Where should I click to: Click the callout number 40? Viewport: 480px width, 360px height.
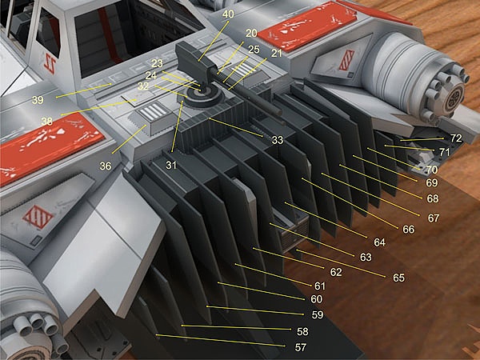[228, 14]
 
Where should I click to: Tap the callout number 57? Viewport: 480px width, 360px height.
[300, 347]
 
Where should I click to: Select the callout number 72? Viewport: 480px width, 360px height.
[456, 138]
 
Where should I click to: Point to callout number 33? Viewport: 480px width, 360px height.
[278, 140]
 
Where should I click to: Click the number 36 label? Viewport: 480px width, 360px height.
[106, 166]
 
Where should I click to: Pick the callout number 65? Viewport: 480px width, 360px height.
[398, 278]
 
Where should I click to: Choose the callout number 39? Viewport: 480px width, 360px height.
[38, 100]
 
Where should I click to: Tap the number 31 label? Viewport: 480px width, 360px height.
[171, 166]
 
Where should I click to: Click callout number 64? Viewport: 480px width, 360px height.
[379, 242]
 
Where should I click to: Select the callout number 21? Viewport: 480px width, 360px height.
[277, 54]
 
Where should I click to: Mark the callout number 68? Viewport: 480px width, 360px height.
[433, 198]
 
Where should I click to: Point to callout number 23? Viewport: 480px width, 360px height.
[157, 63]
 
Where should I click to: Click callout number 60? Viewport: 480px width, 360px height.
[316, 298]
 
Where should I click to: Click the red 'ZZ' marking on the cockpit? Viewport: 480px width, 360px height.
[50, 63]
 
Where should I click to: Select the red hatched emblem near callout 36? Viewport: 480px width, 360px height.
[38, 217]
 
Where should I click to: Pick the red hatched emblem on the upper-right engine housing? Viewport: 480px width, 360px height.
[346, 60]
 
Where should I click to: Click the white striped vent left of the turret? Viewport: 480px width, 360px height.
[153, 111]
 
